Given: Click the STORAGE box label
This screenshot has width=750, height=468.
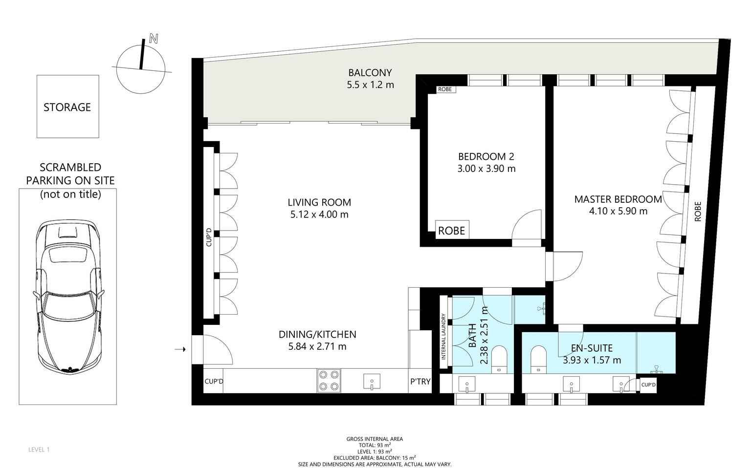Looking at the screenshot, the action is pos(67,107).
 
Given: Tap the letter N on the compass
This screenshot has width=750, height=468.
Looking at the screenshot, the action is pos(154,39).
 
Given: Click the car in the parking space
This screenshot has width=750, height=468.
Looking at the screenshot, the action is pos(68,297).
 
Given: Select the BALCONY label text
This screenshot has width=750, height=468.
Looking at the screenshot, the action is pos(370,73).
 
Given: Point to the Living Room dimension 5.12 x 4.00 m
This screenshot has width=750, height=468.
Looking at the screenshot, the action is pos(319,214).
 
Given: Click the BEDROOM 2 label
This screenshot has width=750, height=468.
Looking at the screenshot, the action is pos(486,156).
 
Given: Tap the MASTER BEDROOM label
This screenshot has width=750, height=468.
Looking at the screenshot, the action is pos(618,199).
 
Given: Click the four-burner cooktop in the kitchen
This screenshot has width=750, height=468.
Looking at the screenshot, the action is pos(329,381).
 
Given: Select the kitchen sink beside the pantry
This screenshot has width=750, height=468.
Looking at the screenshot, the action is pos(372,382).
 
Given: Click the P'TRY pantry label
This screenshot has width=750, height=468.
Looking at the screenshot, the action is pos(420,382).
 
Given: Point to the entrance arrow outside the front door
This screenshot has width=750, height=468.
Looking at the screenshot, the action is pos(180,350).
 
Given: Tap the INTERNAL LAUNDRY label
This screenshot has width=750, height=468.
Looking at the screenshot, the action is pos(443,337).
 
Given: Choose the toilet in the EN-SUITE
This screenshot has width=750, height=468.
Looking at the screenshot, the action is pos(538,360).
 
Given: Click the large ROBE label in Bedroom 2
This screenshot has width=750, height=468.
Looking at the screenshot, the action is pos(452,231).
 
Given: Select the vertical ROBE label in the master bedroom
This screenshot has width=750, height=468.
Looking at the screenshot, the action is pos(698,212).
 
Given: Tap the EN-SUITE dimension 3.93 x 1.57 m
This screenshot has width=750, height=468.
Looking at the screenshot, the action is pos(592,361).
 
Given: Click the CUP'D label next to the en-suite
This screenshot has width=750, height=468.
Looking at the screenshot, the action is pos(648,384).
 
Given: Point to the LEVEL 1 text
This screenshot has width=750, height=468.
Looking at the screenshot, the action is pos(39,449).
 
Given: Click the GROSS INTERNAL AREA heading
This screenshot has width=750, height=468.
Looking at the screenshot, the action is pos(375,439).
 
